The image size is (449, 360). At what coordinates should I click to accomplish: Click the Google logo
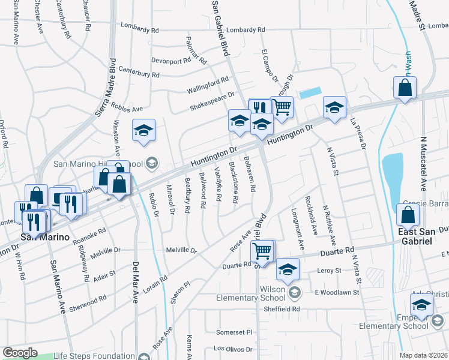click(20, 353)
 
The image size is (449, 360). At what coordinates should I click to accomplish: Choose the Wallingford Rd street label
click(207, 83)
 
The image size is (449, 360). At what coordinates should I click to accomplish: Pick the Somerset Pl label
click(234, 332)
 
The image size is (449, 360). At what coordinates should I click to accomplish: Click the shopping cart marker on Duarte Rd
click(262, 251)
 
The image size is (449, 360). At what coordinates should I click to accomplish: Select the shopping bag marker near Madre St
click(405, 88)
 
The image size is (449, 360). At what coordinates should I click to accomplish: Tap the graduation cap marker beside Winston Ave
click(144, 131)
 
